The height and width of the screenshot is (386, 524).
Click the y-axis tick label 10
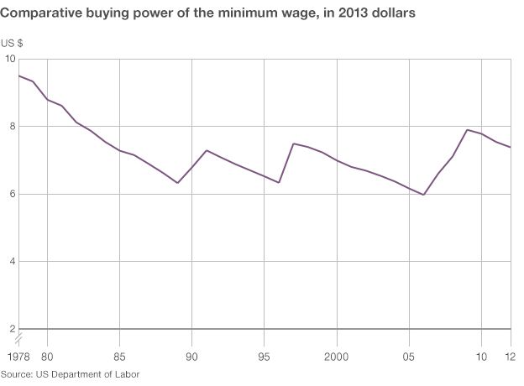(10, 59)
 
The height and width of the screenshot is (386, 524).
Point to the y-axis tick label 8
(12, 127)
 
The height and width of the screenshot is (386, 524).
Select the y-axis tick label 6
(12, 194)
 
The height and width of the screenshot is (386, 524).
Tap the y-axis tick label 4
(12, 262)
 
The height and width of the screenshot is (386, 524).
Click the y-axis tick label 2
(12, 329)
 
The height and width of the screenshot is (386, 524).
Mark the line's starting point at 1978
(18, 76)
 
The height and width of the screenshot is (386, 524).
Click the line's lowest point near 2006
(424, 195)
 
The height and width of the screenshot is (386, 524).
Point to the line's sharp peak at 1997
(293, 143)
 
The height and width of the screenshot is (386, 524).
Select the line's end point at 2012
(511, 147)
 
